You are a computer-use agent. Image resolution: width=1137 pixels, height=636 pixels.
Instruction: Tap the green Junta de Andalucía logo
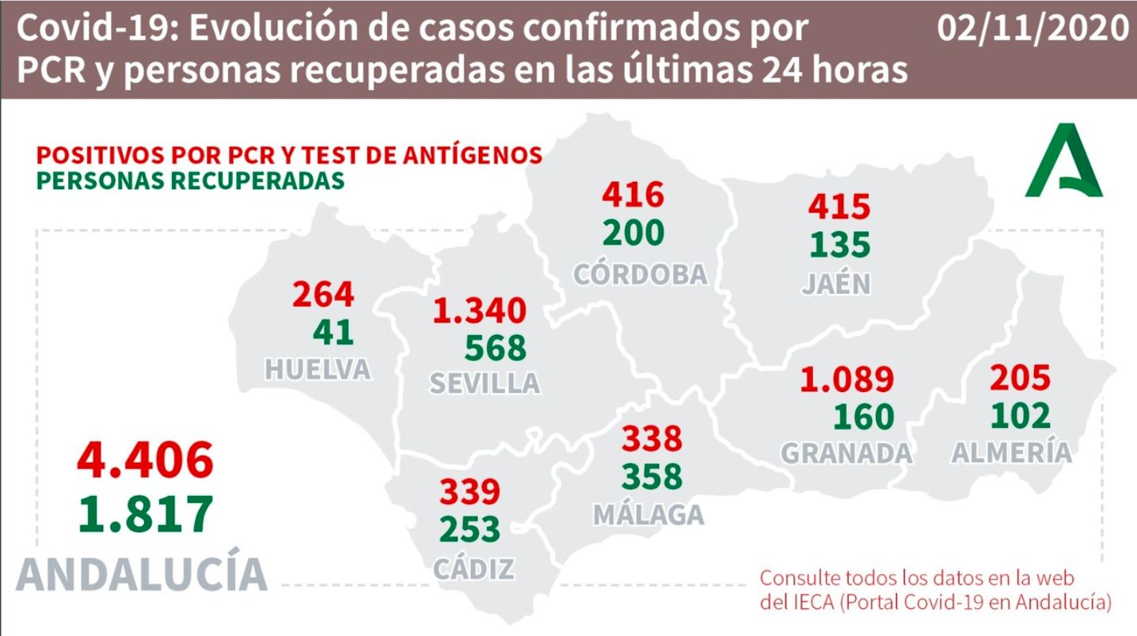point(1063,160)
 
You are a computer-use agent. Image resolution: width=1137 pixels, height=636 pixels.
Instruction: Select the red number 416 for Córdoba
point(633,194)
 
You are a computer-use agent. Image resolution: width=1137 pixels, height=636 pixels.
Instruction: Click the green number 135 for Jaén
point(840,244)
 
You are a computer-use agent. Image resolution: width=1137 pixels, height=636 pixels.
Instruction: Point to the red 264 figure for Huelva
point(323,294)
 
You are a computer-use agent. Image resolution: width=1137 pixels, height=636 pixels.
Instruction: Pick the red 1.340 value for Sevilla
point(480,310)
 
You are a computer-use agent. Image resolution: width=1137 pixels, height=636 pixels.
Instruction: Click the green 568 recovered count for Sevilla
point(496,348)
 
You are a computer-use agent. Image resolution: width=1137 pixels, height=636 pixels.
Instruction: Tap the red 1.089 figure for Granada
point(846,379)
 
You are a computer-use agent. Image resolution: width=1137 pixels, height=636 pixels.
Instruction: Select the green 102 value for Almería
point(1021,415)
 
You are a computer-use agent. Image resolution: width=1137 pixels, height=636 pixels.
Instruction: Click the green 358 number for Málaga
point(652,476)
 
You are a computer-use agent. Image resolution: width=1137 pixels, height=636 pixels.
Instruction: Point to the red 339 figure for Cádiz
point(470,491)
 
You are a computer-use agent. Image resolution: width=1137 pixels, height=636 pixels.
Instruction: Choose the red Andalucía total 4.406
point(145,460)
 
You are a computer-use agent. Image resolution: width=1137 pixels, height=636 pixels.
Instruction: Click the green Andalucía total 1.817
point(146,514)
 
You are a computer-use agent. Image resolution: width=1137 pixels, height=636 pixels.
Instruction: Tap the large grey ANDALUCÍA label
point(142,573)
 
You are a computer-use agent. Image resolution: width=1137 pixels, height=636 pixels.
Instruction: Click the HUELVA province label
point(318,369)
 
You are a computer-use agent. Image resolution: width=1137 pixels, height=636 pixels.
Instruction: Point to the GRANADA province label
point(846,453)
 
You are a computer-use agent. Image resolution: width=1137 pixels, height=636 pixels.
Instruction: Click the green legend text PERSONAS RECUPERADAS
point(190,181)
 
